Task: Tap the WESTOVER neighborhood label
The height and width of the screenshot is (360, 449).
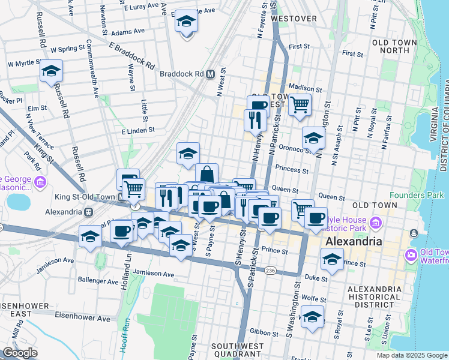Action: (x=294, y=19)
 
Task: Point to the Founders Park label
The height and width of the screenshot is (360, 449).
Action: (x=416, y=195)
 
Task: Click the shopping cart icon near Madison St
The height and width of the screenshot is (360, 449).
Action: (x=300, y=105)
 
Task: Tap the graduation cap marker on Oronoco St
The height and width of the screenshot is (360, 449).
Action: (x=313, y=139)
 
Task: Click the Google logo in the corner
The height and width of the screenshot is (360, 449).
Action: (x=20, y=353)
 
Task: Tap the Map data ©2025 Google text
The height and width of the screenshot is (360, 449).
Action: (x=411, y=355)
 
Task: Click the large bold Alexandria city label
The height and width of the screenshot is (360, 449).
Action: (x=353, y=242)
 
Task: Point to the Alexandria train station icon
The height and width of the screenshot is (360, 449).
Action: (x=88, y=212)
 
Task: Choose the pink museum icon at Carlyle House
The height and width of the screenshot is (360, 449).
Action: (x=376, y=224)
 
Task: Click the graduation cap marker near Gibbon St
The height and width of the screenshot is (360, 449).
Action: (x=312, y=317)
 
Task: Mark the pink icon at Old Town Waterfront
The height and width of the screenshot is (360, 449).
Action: (x=411, y=255)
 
